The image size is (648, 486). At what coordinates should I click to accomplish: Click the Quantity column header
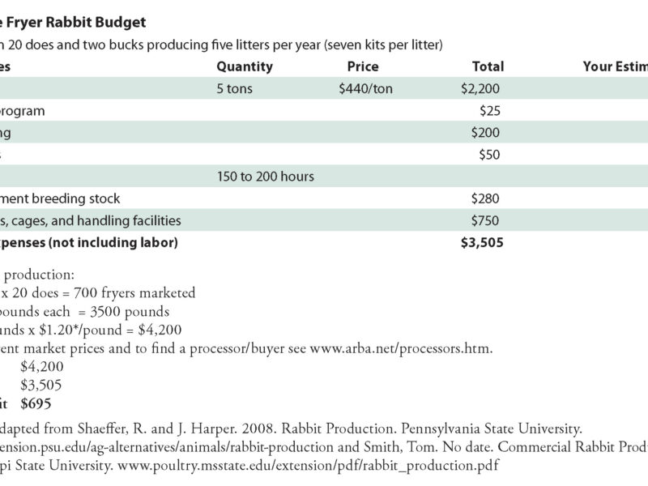(245, 66)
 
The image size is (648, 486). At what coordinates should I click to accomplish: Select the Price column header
(362, 66)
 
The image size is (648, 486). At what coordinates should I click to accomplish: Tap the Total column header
(488, 66)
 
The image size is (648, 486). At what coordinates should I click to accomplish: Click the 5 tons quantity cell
(235, 88)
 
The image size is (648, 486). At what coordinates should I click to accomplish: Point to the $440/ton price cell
(365, 88)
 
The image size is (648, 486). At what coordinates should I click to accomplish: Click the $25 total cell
(492, 110)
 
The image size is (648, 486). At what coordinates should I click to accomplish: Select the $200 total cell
(488, 132)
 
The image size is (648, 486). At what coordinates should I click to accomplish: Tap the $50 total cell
(492, 154)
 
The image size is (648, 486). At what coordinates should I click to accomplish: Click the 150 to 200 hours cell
(266, 176)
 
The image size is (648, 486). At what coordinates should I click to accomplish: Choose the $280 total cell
(488, 198)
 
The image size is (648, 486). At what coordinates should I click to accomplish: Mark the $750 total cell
(488, 220)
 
